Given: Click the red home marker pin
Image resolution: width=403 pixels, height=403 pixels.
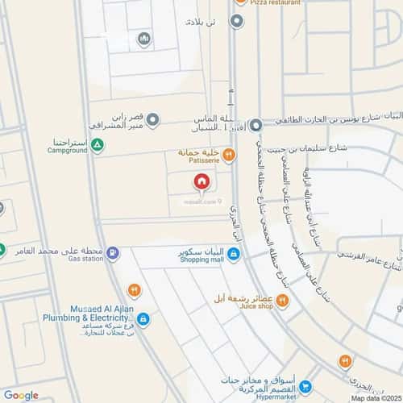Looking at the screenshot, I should point(201,181).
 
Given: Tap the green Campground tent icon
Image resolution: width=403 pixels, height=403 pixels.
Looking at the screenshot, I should point(97,145).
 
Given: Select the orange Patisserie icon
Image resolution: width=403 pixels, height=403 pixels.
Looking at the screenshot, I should point(229,155).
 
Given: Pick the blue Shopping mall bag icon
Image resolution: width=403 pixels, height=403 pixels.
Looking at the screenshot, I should point(233,256).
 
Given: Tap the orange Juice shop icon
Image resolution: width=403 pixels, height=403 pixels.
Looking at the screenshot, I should point(283,301).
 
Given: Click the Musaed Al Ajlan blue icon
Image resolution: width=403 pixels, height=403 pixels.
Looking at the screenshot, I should point(143,320).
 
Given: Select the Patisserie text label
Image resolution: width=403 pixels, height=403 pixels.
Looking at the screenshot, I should point(197,160).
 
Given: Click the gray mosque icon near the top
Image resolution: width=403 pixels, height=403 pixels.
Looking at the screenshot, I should point(144,39).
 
